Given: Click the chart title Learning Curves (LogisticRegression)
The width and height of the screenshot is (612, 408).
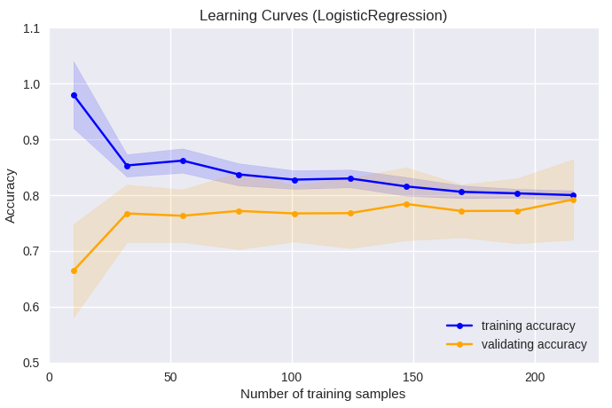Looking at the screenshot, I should [323, 15].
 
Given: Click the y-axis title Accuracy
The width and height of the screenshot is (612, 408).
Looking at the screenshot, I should [11, 195].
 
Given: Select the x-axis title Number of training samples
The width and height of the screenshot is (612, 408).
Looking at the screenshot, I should [323, 394].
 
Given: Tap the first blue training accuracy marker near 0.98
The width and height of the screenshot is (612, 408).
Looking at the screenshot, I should [74, 95].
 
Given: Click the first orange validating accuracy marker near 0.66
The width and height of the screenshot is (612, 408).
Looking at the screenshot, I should [74, 271].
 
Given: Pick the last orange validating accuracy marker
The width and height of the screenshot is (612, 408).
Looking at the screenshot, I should [573, 200].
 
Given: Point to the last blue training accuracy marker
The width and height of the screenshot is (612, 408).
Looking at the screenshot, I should [573, 195].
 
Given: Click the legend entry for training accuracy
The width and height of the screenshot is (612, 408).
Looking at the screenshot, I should [528, 326].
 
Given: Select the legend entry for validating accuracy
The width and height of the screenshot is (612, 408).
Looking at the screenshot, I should [533, 344].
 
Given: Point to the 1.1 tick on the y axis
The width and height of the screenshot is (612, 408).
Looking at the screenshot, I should [32, 28].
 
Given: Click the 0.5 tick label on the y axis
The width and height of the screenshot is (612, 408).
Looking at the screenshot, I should [32, 363].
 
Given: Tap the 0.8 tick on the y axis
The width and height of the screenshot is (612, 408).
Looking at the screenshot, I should [32, 195].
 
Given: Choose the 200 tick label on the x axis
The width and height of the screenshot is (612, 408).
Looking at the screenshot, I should [535, 378].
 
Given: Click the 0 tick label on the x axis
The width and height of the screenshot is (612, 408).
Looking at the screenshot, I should [50, 378].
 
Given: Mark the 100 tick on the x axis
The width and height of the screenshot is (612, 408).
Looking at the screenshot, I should [292, 378].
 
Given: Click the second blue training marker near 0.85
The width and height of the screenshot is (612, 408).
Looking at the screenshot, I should [127, 166].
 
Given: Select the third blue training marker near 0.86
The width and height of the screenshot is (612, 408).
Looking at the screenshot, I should [183, 161].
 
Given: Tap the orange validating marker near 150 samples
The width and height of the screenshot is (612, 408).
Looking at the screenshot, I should [406, 204].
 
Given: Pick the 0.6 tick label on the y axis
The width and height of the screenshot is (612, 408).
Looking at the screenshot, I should [32, 307].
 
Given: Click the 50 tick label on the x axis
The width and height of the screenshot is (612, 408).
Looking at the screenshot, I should [170, 378].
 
